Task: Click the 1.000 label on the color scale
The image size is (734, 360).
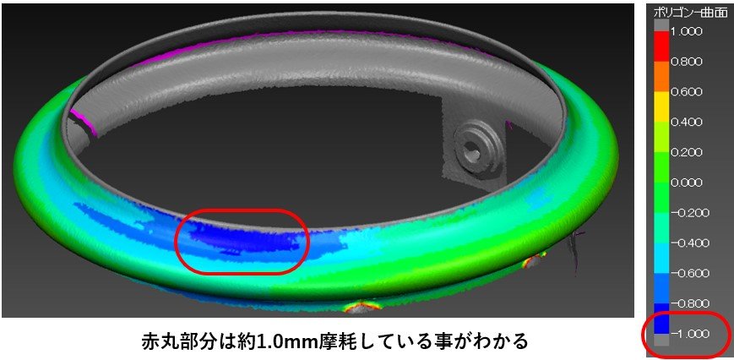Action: coord(686,31)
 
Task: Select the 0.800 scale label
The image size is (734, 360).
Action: coord(686,62)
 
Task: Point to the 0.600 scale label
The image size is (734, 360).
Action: coord(686,92)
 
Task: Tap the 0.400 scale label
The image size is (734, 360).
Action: coord(686,123)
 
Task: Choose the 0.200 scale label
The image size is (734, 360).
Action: coord(686,152)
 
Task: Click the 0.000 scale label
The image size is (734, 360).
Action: coord(686,183)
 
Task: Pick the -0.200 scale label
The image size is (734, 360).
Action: coord(688,213)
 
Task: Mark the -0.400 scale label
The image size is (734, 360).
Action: coord(688,243)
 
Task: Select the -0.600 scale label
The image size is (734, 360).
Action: coord(688,273)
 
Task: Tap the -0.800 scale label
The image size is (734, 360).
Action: coord(688,303)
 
